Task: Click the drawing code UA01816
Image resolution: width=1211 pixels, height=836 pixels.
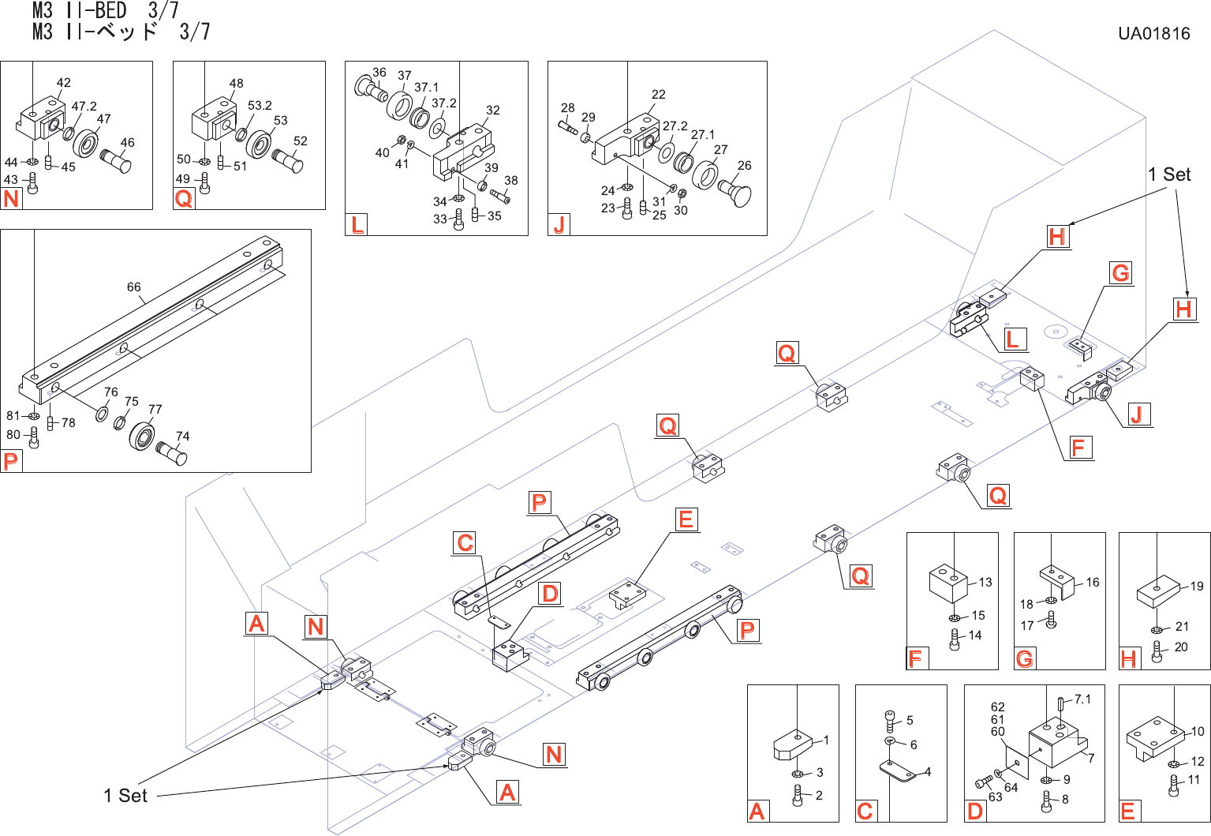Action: pos(1153,33)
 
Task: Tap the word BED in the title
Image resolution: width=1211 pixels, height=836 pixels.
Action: pos(110,10)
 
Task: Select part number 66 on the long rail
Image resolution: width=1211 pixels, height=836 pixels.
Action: pos(134,287)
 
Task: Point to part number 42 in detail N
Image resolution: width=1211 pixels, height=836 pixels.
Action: pos(64,83)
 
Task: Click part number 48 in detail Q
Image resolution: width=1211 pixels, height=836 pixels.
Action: pos(236,83)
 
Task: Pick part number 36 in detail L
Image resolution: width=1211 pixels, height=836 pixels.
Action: pos(379,73)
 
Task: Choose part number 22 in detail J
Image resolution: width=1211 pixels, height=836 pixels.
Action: pos(659,95)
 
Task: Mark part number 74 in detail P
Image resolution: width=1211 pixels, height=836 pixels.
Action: pos(182,436)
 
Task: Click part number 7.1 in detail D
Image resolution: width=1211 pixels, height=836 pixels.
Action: pos(1082,699)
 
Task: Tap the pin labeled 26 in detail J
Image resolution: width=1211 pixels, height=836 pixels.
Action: pos(737,192)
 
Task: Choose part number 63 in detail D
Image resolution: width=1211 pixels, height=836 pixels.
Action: pos(996,797)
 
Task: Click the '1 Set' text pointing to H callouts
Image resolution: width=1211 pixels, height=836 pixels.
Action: pos(1169,174)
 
